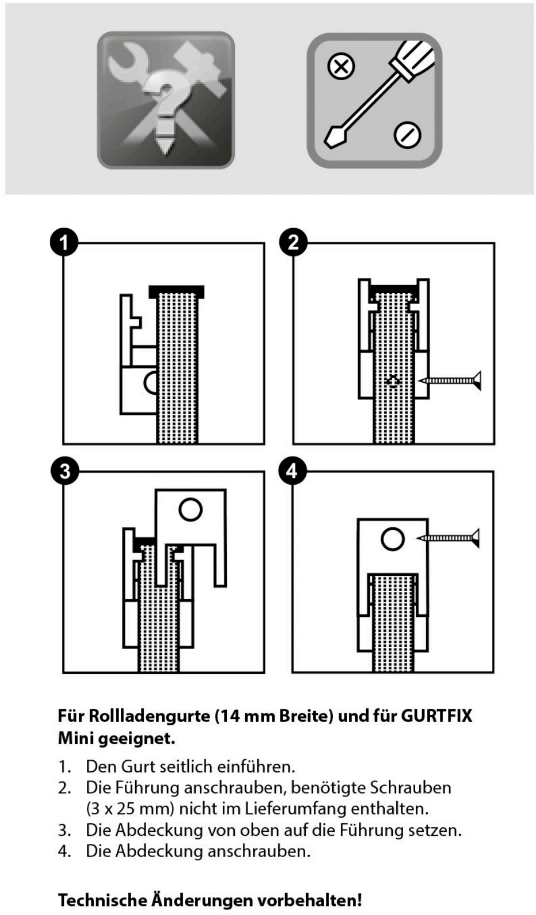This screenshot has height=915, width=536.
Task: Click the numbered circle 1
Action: point(64,242)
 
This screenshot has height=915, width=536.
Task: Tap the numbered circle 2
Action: point(293,242)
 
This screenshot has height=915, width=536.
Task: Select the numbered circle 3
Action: point(64,471)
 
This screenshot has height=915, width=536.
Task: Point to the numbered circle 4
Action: point(293,471)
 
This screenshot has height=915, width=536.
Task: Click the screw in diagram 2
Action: point(450,380)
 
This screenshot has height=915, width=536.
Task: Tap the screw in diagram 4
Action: point(449,538)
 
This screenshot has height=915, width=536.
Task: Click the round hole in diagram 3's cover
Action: point(190,509)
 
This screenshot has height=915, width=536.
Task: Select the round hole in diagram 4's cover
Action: point(392,539)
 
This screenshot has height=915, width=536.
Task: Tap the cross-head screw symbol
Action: point(341,66)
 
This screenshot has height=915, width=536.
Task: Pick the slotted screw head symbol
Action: point(407,135)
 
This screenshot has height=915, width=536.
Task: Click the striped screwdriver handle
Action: point(413,57)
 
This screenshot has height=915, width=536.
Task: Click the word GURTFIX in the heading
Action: point(436,716)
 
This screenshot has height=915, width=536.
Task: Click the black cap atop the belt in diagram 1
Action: point(176,292)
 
